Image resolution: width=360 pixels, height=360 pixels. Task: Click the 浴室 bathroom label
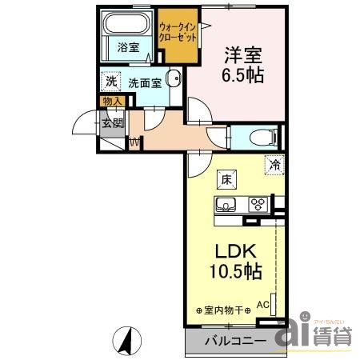[x=128, y=46]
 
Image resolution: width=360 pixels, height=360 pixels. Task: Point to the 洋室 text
[x=244, y=55]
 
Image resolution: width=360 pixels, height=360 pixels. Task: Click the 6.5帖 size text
[x=244, y=77]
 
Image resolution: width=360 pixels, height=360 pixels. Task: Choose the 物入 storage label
[x=112, y=101]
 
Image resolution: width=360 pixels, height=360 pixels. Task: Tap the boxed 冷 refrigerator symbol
[x=274, y=166]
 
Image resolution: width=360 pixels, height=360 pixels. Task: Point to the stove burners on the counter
[x=259, y=203]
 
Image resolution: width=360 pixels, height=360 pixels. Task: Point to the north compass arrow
[x=126, y=339]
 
